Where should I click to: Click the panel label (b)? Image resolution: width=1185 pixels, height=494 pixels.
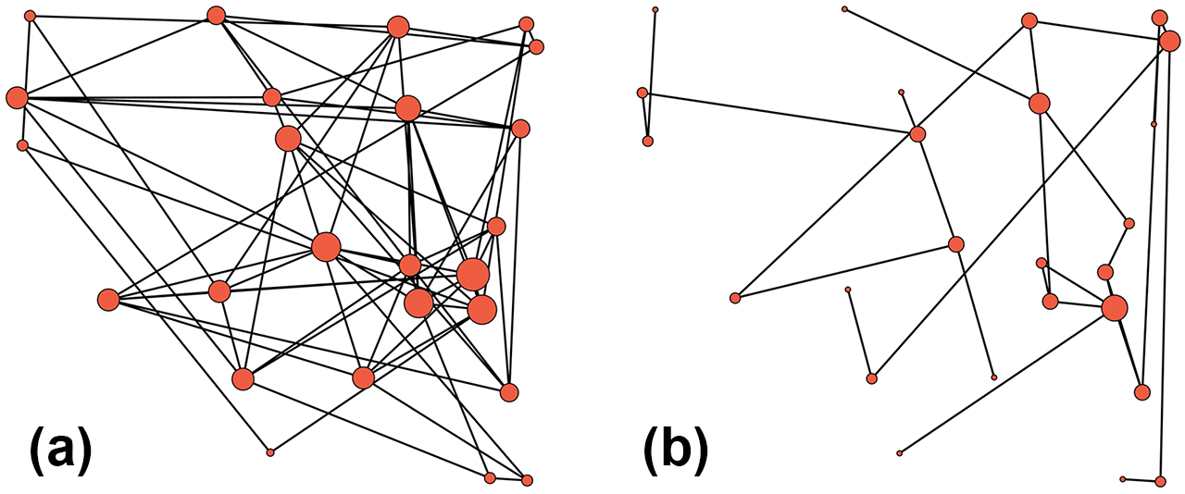pos(676,452)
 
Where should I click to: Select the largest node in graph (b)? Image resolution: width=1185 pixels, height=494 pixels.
pos(1115,308)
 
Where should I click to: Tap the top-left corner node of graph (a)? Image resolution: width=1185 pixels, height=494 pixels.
pos(30,16)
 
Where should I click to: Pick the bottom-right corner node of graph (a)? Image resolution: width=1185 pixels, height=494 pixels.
pos(527,480)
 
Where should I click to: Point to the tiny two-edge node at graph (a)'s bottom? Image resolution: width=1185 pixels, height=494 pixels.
pos(270,452)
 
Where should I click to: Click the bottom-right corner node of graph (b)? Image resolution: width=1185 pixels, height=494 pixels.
pos(1160,481)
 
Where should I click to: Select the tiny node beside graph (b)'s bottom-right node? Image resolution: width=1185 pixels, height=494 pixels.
pos(1123,479)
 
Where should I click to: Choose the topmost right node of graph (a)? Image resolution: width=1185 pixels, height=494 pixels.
pos(526,24)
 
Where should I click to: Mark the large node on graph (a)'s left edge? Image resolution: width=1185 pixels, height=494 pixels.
pos(17,97)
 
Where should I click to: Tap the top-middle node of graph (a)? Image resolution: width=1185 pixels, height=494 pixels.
pos(217,16)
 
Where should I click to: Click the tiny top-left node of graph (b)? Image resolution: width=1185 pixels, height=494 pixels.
pos(655,10)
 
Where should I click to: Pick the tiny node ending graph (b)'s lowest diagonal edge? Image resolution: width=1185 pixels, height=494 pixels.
pos(900,453)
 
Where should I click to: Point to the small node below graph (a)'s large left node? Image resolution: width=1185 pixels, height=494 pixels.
pos(23,145)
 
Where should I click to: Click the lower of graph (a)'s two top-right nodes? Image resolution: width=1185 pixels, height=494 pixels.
pos(536,47)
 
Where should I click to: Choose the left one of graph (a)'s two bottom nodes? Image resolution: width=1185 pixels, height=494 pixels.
pos(490,477)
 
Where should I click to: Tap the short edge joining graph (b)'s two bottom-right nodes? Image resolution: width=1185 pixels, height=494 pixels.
pos(1141,480)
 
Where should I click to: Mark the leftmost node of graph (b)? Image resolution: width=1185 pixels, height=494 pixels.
pos(642,93)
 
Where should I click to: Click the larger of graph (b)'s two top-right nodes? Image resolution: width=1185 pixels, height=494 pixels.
pos(1169,42)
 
